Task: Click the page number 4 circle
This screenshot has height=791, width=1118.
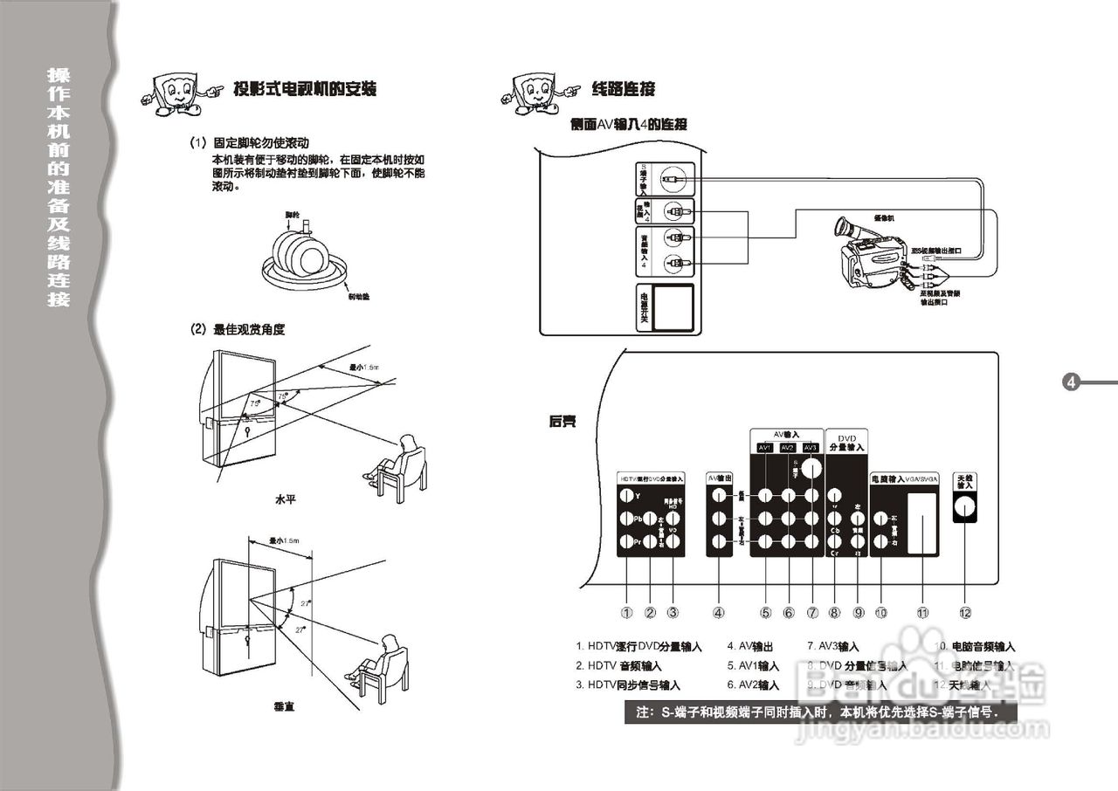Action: tap(1072, 382)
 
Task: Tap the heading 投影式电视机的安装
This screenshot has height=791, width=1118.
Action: tap(305, 89)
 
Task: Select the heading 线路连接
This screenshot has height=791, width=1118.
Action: tap(623, 89)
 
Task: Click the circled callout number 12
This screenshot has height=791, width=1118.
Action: tap(964, 612)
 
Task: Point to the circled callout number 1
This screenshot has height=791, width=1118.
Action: tap(626, 612)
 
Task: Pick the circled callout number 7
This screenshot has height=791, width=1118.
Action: tap(812, 612)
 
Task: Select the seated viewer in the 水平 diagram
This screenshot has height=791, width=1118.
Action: tap(400, 463)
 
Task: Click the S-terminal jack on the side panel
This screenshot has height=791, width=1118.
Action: tap(673, 178)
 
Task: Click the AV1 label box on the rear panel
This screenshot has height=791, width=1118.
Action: tap(765, 448)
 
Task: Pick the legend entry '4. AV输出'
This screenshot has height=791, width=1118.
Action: tap(750, 647)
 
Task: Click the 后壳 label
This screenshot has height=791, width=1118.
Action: tap(562, 421)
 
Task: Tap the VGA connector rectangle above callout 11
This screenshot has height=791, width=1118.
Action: tap(921, 523)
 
